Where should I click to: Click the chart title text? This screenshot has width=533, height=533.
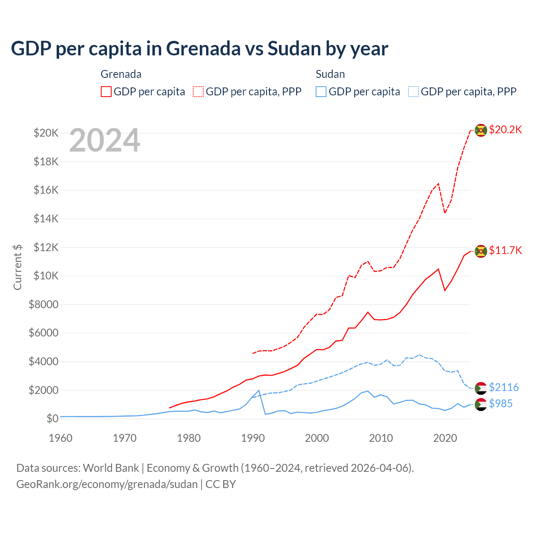(199, 49)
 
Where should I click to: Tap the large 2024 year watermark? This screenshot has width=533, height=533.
(105, 140)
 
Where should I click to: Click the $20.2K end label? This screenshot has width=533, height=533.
(505, 130)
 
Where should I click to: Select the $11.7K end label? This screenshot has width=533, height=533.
(505, 250)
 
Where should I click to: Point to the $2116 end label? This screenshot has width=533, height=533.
(503, 387)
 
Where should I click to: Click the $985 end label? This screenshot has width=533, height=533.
(501, 403)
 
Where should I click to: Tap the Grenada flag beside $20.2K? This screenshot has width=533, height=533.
(481, 130)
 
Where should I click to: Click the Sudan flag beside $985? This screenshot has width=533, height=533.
(481, 404)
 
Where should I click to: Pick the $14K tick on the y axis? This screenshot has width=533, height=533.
(46, 219)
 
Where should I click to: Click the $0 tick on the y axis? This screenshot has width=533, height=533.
(52, 418)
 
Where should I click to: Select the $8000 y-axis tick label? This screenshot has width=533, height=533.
(43, 304)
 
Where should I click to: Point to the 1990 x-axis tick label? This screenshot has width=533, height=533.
(253, 438)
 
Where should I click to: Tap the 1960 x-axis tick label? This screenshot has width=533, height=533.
(61, 438)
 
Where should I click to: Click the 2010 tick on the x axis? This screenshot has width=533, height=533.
(381, 438)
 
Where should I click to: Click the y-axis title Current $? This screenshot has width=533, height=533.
(17, 267)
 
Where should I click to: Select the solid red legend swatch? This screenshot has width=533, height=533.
(106, 92)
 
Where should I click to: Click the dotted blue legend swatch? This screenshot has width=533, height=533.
(413, 92)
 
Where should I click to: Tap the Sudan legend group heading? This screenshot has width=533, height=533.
(330, 74)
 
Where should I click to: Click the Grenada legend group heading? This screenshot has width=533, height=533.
(121, 74)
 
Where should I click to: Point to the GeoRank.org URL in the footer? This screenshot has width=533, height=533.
(107, 484)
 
